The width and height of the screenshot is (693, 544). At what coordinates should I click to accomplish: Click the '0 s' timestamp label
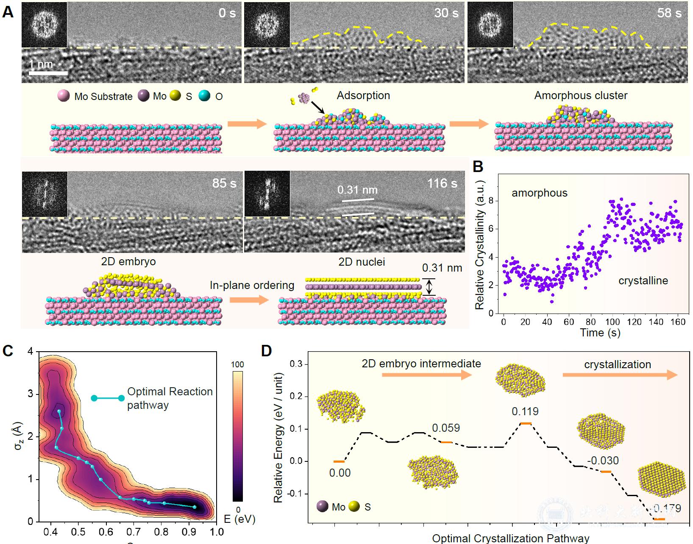[227, 13]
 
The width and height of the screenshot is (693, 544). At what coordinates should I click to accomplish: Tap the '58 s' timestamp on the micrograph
[669, 13]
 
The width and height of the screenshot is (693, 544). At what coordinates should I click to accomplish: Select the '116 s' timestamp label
[443, 183]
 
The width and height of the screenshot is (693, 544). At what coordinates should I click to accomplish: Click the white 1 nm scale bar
[48, 73]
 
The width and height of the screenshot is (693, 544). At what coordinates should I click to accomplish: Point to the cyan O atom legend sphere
[205, 96]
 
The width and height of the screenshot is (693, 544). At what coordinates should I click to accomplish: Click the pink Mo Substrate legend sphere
[64, 96]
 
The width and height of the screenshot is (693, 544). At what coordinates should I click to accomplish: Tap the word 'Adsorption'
[363, 95]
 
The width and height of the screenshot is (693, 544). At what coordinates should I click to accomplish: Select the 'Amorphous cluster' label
[581, 95]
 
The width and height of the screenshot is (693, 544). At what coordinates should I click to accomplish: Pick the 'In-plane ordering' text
[252, 285]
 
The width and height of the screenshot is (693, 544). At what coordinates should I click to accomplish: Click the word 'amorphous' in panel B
[539, 193]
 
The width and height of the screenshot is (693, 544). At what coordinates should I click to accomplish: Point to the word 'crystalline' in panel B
[643, 281]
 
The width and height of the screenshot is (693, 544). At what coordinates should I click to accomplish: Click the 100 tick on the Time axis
[612, 322]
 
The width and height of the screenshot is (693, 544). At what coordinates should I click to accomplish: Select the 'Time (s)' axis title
[600, 333]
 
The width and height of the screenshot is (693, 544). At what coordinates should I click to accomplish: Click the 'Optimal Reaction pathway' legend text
[170, 398]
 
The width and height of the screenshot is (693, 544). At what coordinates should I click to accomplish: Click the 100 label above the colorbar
[238, 365]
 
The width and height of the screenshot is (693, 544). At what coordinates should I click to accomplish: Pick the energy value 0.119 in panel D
[525, 411]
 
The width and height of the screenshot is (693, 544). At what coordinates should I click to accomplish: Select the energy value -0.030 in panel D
[603, 461]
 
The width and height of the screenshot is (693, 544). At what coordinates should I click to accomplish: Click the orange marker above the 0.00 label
[339, 461]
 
